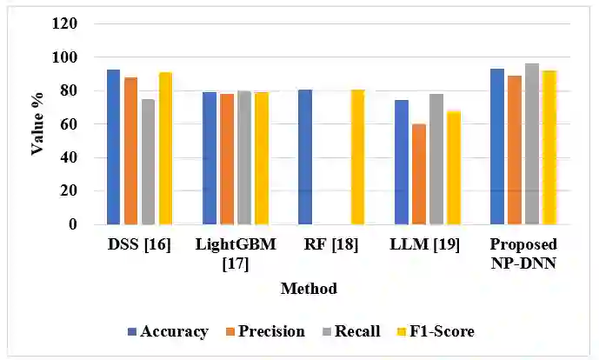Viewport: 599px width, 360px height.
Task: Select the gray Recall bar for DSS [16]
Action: pos(148,162)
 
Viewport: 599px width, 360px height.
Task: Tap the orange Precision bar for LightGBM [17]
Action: pos(227,159)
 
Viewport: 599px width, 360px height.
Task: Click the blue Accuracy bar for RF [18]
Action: pos(305,157)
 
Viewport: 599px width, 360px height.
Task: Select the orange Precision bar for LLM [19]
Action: pos(419,174)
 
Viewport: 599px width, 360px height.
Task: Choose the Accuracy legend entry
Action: pos(168,331)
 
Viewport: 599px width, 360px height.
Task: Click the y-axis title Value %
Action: pos(38,124)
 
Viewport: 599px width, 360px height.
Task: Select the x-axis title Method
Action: pos(309,288)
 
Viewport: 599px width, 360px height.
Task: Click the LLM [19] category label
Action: pos(427,244)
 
